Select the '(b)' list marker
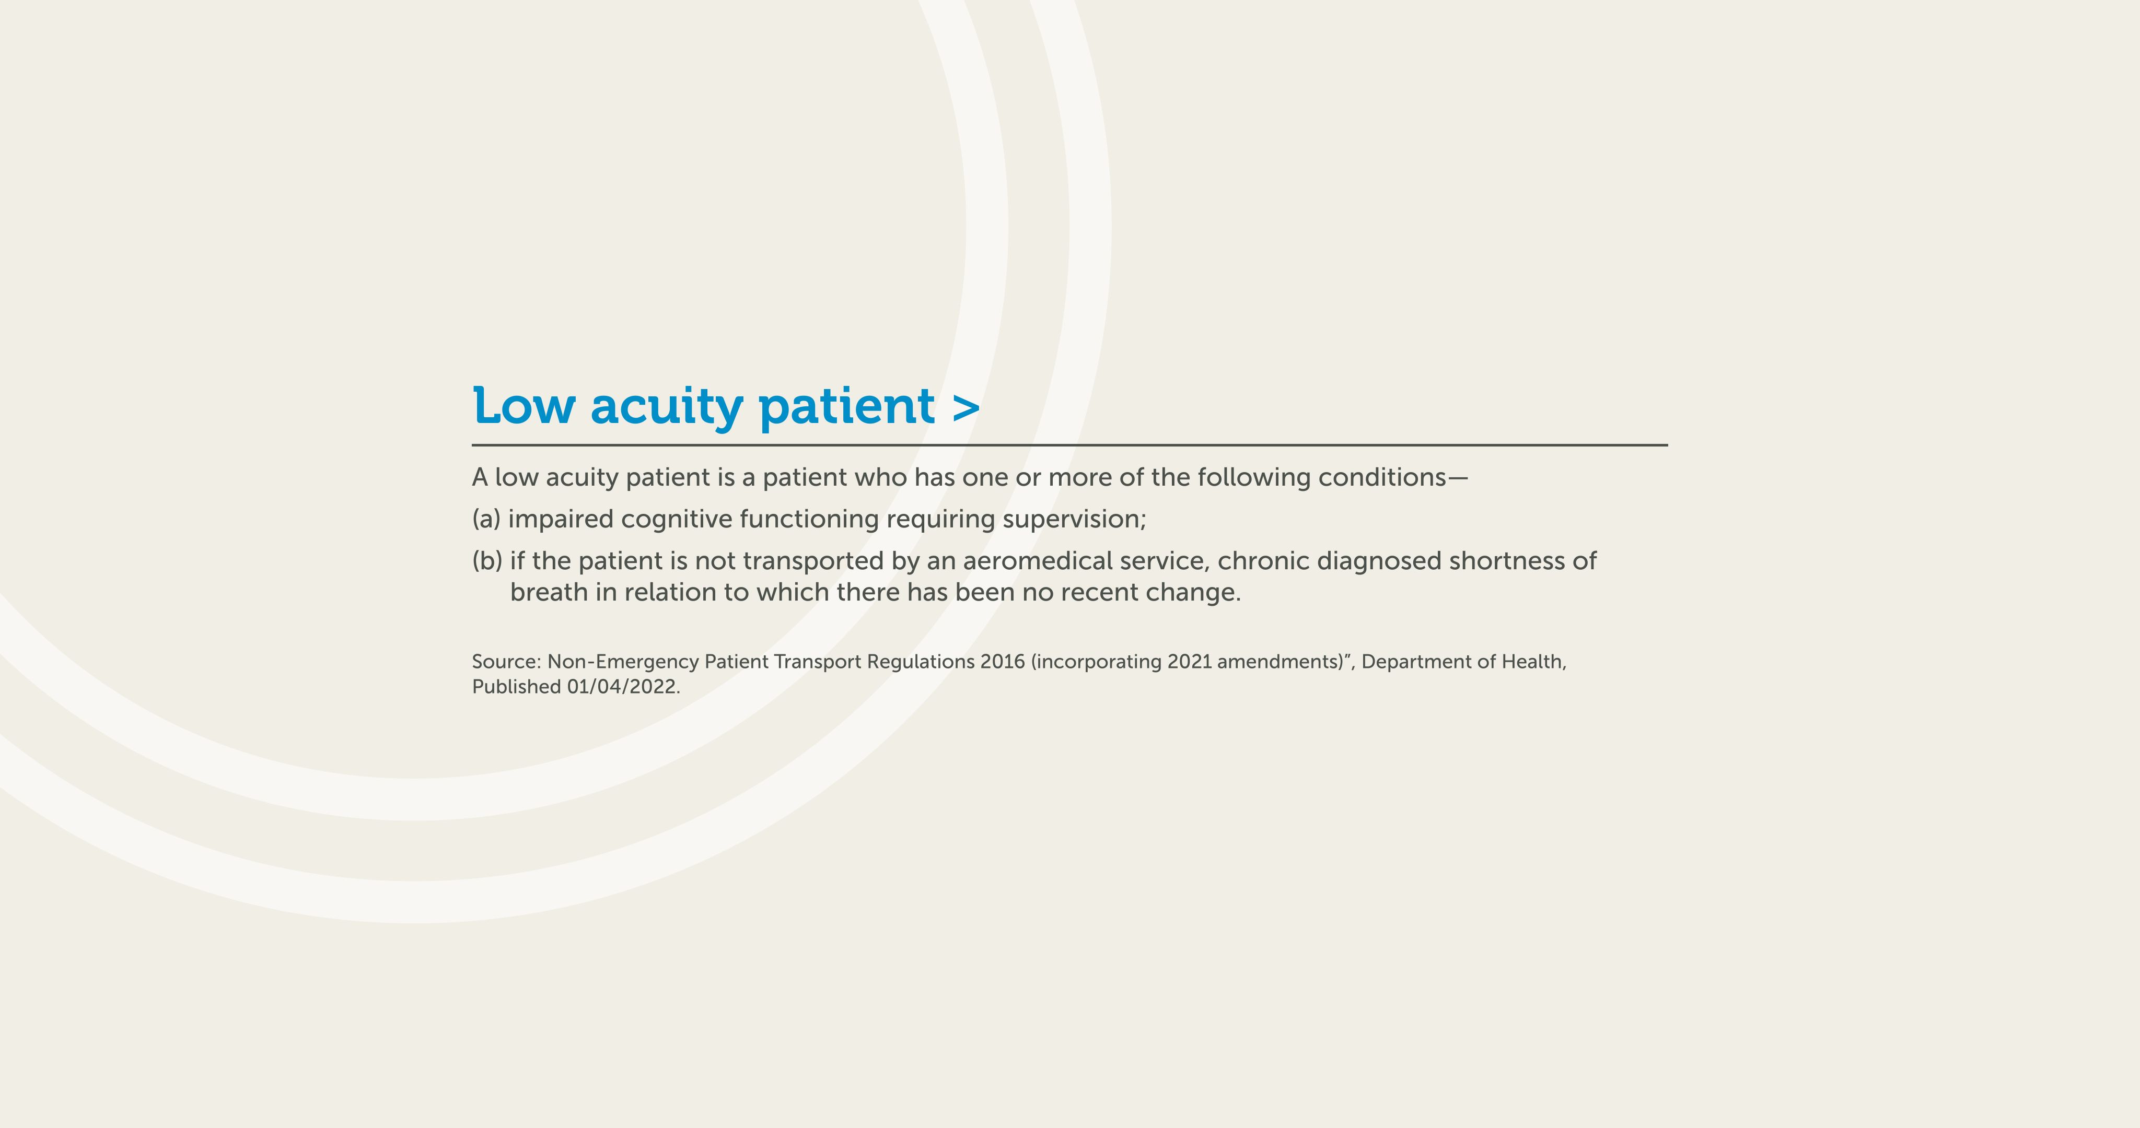[487, 561]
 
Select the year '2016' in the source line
[1003, 662]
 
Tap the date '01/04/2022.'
[624, 687]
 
